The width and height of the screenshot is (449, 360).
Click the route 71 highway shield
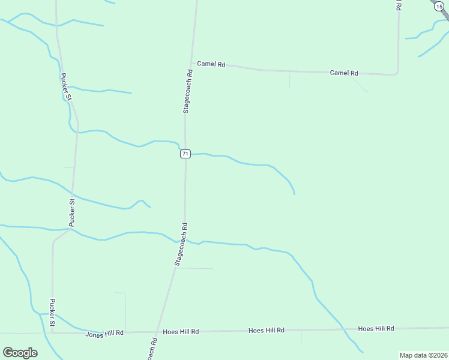tap(185, 154)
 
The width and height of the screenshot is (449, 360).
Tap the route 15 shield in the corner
tap(439, 5)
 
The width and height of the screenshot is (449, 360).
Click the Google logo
tap(20, 353)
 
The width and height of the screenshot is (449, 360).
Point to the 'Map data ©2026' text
tap(423, 355)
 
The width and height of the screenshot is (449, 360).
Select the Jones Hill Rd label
tap(104, 333)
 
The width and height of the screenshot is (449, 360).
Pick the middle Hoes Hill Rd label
tap(267, 331)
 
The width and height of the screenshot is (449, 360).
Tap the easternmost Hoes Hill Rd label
tap(376, 328)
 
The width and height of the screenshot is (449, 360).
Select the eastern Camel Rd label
tap(344, 73)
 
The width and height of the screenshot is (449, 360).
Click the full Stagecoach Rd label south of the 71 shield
tap(181, 244)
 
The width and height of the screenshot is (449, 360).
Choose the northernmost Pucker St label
tap(65, 86)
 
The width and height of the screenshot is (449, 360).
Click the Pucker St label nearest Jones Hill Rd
tap(52, 313)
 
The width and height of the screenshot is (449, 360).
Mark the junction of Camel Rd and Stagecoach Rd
tap(191, 63)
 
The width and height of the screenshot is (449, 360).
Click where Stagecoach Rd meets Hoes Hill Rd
tap(157, 332)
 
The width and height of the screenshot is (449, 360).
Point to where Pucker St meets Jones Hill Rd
tap(53, 333)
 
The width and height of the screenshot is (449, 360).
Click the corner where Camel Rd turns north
tap(397, 73)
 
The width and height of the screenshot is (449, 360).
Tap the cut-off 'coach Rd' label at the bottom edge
tap(152, 349)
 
